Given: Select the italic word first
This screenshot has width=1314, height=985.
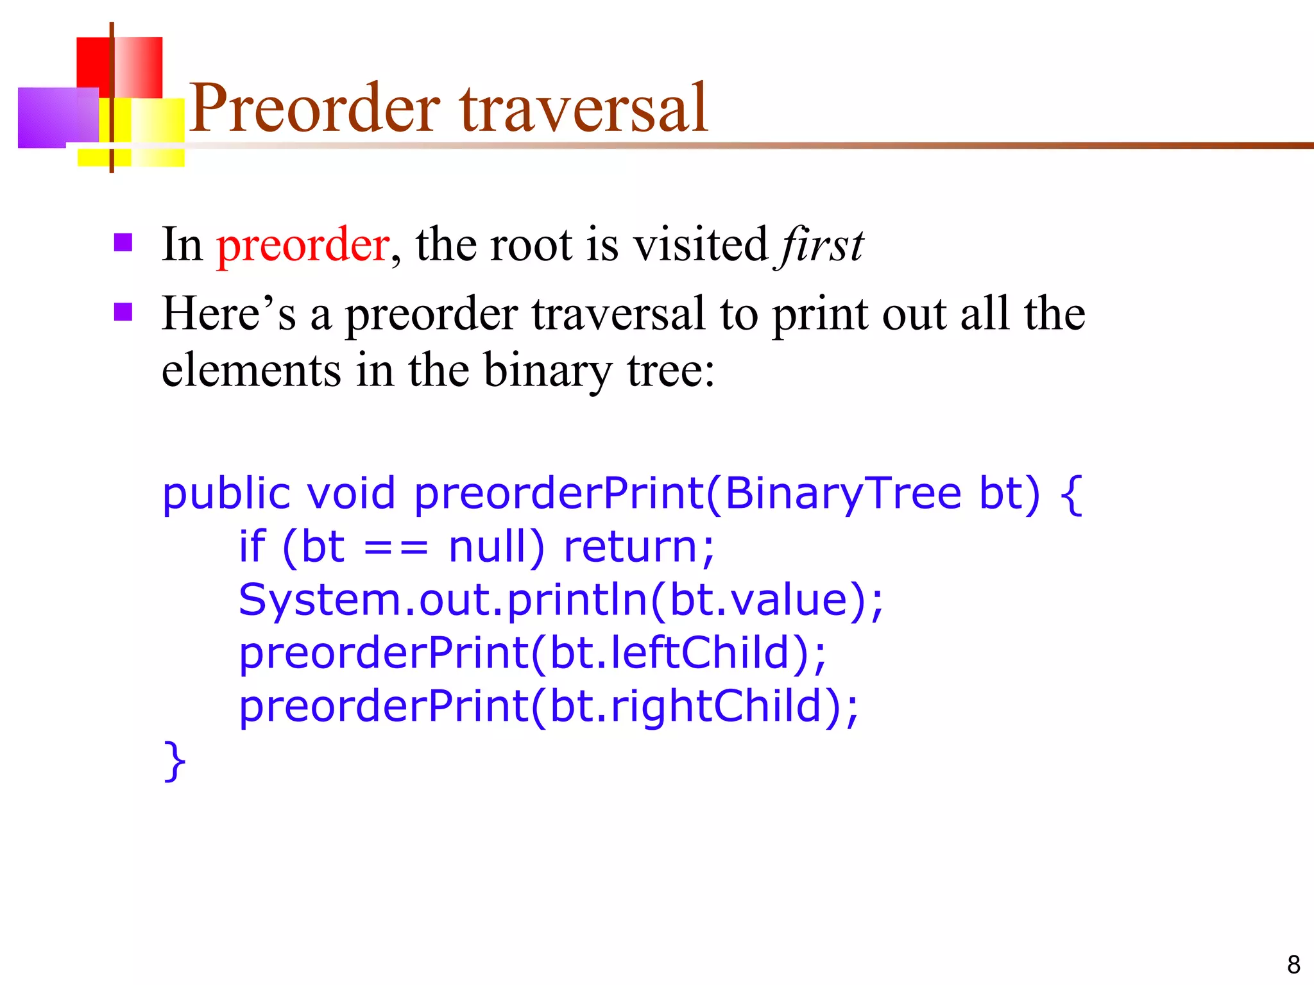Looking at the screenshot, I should [x=822, y=246].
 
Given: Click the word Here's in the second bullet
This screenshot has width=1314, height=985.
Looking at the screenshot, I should [x=228, y=314].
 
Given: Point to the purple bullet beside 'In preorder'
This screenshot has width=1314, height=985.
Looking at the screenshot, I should [x=123, y=242].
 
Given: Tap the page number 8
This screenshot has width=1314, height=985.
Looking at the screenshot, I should [x=1293, y=964].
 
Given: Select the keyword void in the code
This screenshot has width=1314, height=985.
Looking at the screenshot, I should [x=350, y=494].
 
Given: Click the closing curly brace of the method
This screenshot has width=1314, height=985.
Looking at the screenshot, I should [x=175, y=761].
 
